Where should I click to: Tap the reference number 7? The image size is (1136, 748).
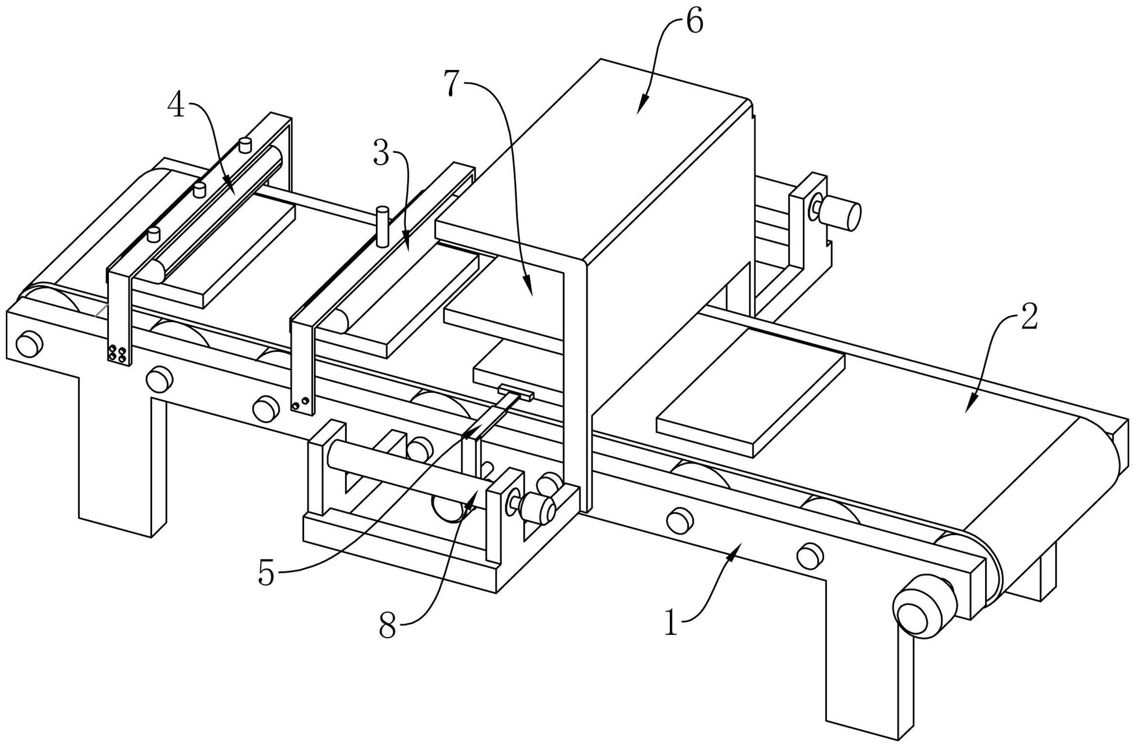click(452, 83)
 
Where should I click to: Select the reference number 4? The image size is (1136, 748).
click(176, 105)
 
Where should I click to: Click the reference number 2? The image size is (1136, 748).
click(1029, 317)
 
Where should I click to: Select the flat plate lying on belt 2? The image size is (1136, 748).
click(751, 392)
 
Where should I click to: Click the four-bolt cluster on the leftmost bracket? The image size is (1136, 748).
click(117, 353)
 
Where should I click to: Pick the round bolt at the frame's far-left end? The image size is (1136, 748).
click(29, 344)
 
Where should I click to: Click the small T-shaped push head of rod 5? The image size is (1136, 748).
click(516, 392)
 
